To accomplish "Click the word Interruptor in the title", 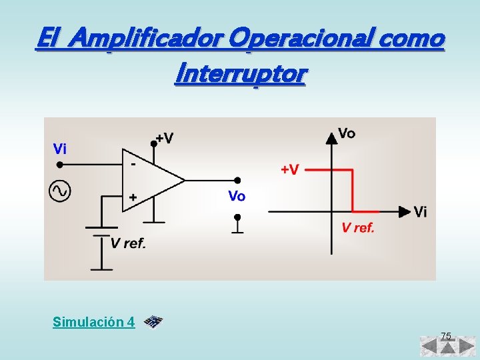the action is point(239,73).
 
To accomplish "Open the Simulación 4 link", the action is point(93,323).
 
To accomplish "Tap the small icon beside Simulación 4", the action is point(154,322).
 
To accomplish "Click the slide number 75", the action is point(446,335).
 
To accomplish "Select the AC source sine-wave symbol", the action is point(59,191).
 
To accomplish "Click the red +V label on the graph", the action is point(289,169).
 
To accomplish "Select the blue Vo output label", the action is point(237,196).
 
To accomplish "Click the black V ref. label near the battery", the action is point(128,243).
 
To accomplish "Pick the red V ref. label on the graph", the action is point(358,228).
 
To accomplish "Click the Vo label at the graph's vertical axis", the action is point(347,133).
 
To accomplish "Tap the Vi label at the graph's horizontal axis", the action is point(420,212).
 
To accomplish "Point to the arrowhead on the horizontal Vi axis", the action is point(404,211).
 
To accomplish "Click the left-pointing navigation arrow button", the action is point(429,347).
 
